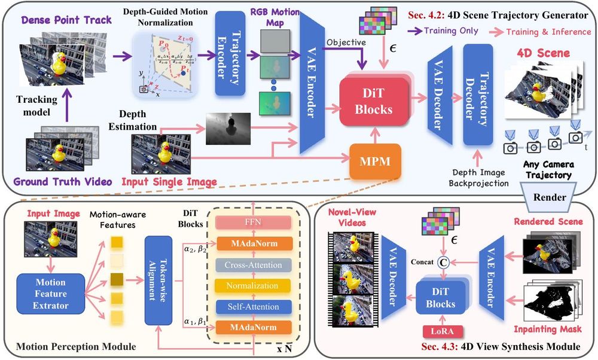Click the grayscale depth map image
(x=227, y=129)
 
